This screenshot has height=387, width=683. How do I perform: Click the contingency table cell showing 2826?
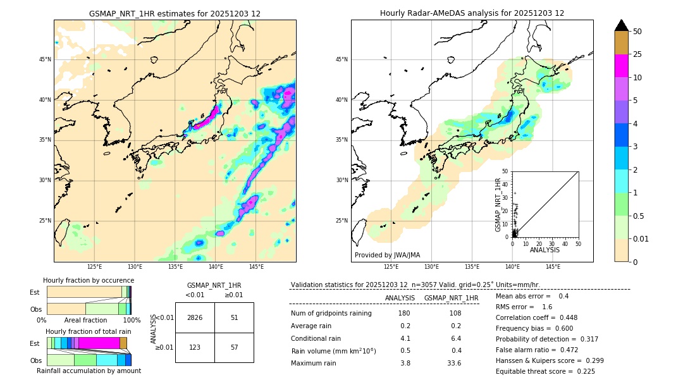click(x=195, y=317)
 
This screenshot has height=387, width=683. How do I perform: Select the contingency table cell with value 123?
click(x=195, y=347)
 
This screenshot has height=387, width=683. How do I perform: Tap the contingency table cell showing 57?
click(x=234, y=347)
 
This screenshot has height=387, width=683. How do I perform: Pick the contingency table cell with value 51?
click(x=234, y=317)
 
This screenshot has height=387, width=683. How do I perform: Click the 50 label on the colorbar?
click(x=637, y=32)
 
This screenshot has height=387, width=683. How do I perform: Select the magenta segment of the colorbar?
click(x=622, y=66)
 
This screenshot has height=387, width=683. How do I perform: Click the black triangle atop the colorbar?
click(x=622, y=25)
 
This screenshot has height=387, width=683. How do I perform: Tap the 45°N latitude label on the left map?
click(x=45, y=59)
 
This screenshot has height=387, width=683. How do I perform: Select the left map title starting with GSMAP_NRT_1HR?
click(x=175, y=13)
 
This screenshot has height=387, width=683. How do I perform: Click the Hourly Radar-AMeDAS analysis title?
click(x=472, y=13)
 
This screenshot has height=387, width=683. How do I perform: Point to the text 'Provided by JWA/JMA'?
click(x=387, y=255)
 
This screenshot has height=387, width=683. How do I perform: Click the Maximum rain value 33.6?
click(x=454, y=363)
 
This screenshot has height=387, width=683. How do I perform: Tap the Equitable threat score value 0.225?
click(x=581, y=371)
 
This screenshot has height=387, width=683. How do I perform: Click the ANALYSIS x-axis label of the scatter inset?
click(x=545, y=250)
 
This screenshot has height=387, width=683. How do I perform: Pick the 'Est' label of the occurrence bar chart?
click(x=35, y=292)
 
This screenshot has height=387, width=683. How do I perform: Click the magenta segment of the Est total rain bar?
click(x=99, y=343)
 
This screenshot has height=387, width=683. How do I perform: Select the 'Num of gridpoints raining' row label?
click(x=331, y=314)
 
